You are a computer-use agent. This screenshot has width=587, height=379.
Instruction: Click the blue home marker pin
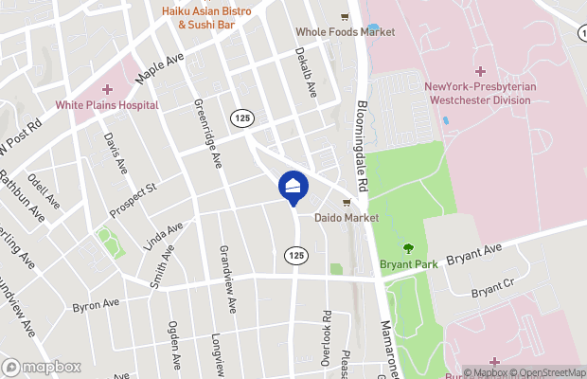[x=293, y=187]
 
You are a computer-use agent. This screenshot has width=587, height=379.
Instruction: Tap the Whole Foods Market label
[x=346, y=31]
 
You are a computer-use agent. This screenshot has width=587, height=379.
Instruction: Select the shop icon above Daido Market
[x=347, y=202]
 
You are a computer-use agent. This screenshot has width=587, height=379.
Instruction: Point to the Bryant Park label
[x=408, y=264]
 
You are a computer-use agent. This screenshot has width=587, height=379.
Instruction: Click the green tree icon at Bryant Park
[x=408, y=248]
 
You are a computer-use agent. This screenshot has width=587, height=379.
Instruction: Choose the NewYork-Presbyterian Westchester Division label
[x=480, y=93]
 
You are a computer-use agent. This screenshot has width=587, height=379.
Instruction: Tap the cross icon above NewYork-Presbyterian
[x=480, y=72]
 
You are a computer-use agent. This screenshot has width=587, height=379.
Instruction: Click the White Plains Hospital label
[x=105, y=106]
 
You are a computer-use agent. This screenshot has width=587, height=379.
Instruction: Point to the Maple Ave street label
[x=158, y=67]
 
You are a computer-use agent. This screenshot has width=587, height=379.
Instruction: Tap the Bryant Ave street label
[x=473, y=256]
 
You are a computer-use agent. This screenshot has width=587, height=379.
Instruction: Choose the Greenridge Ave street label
[x=207, y=134]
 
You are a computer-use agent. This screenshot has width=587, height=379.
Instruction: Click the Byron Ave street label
[x=96, y=304]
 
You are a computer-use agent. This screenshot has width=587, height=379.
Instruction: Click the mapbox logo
[x=40, y=366]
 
